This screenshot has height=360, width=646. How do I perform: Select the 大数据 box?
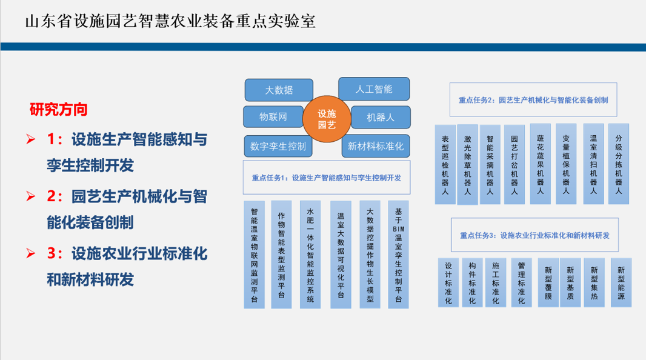[x=279, y=90]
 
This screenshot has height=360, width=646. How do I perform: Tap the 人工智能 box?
[x=373, y=89]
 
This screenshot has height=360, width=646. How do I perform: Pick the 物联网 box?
[x=273, y=117]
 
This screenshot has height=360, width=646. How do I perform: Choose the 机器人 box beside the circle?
[x=381, y=117]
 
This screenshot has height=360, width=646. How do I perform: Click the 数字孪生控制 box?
[x=278, y=146]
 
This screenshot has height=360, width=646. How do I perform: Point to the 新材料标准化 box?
[x=375, y=146]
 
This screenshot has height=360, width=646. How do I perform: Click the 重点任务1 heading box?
[x=327, y=178]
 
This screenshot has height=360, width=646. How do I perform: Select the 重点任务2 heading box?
[x=533, y=100]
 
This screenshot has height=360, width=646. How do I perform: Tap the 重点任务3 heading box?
[x=534, y=235]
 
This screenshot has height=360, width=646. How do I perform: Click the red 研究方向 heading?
[x=59, y=110]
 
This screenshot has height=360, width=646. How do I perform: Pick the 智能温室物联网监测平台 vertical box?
[x=255, y=255]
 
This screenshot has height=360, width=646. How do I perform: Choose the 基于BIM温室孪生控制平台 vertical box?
[x=398, y=255]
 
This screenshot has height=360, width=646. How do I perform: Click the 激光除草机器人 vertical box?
[x=467, y=164]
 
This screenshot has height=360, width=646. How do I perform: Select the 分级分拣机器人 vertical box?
[x=619, y=164]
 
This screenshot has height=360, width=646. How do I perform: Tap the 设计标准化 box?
[x=448, y=282]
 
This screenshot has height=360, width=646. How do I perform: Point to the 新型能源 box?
[x=621, y=282]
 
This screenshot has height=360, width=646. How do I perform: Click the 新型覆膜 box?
[x=548, y=282]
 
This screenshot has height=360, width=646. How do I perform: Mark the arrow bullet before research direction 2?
[x=32, y=196]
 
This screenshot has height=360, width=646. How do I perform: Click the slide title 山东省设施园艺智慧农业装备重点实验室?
[x=170, y=21]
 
